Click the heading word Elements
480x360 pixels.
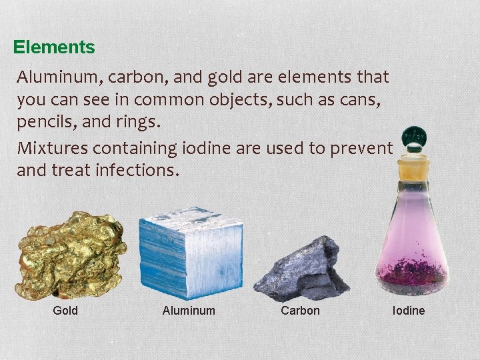click(54, 48)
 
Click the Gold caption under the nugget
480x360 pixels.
click(65, 311)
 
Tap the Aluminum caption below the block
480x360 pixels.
click(189, 311)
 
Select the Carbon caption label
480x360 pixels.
click(300, 311)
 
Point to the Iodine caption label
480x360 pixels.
click(409, 311)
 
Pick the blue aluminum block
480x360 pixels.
click(189, 257)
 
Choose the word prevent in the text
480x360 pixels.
click(363, 147)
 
